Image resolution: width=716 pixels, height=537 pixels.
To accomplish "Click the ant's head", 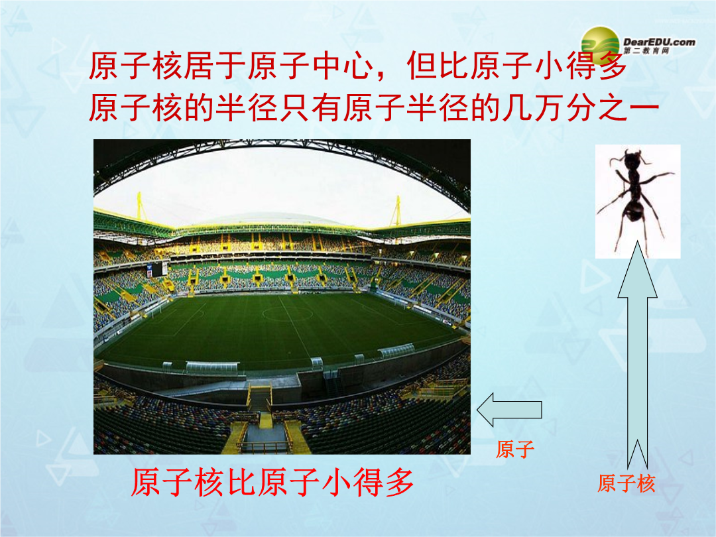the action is [x=631, y=161].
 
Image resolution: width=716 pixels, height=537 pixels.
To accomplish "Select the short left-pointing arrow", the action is [x=509, y=410].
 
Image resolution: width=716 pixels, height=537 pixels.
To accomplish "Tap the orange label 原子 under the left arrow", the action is [x=515, y=449].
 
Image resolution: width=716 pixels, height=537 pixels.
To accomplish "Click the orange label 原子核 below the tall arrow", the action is [x=626, y=484].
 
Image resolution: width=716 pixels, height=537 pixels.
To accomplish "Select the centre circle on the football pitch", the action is [x=288, y=313].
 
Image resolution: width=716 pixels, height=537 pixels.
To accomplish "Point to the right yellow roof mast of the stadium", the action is [x=398, y=211].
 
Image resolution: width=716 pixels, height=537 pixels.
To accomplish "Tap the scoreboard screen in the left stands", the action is [x=157, y=269].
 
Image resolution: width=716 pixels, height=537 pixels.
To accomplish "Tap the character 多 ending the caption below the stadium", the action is [x=399, y=483].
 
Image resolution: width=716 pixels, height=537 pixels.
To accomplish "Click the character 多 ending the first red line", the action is [x=613, y=65].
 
